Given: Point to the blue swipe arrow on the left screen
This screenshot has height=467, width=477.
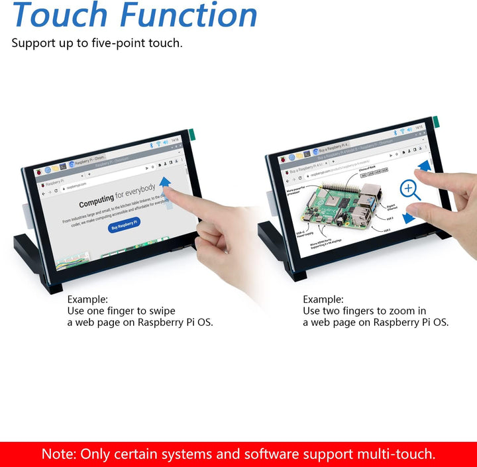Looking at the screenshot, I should (x=166, y=183).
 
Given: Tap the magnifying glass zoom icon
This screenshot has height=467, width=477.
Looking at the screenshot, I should (x=410, y=190).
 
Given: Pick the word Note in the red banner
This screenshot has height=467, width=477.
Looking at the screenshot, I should (x=59, y=454).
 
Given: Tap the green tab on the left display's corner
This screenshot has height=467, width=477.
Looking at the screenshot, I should (x=191, y=134).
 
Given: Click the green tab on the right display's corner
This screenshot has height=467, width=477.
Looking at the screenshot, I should (x=435, y=123).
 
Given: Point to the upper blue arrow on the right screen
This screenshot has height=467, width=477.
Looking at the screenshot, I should (x=424, y=166).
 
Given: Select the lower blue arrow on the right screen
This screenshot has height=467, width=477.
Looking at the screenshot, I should (x=409, y=215).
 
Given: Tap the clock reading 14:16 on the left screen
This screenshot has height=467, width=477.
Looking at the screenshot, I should (x=175, y=140).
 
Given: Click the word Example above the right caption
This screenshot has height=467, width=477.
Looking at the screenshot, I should (x=323, y=299).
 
